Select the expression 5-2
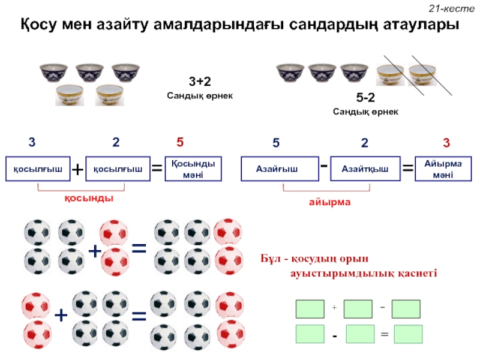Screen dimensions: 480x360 tap(365, 97)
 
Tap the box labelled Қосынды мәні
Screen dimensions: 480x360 tap(193, 169)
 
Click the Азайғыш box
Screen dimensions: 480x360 tap(277, 169)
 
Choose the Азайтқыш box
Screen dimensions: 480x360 tap(364, 169)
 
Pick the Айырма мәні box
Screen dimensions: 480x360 tap(442, 169)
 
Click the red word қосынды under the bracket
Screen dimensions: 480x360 tap(89, 198)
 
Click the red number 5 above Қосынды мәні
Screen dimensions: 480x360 tap(179, 143)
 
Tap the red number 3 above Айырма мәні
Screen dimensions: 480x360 tap(446, 143)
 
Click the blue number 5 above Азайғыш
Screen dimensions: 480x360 tap(276, 143)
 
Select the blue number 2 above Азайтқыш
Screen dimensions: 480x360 tap(364, 143)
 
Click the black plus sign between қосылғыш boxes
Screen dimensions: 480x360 tap(77, 170)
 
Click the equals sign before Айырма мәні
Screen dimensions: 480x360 tap(407, 170)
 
